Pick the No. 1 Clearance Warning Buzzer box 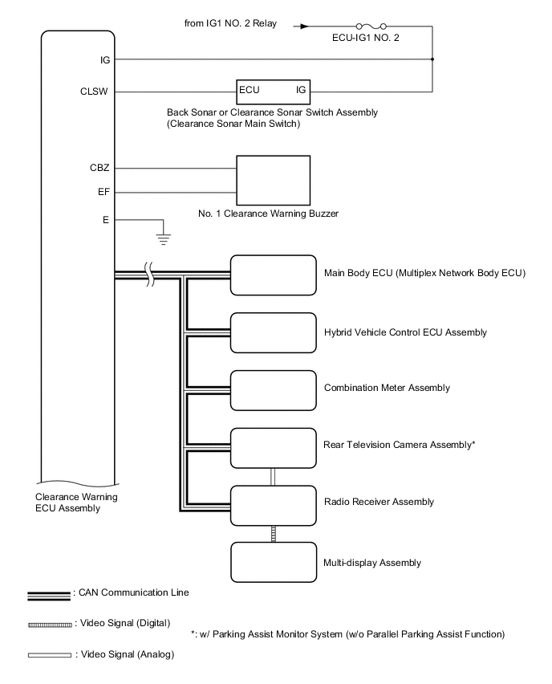273,181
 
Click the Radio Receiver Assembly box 273,503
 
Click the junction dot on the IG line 433,59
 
